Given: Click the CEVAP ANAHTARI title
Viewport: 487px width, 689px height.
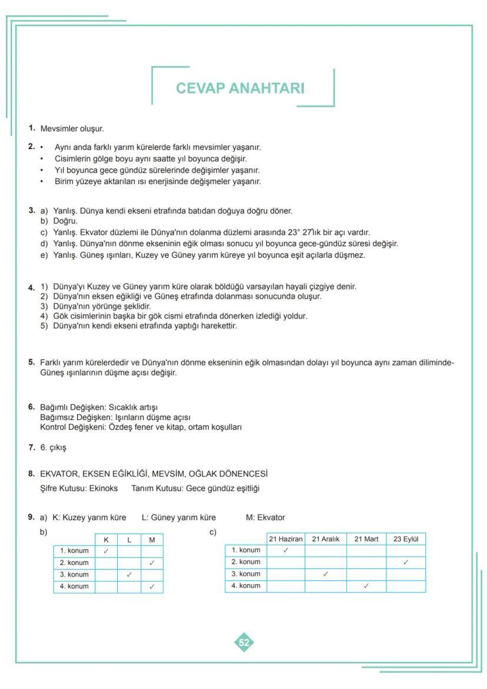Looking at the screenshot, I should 240,88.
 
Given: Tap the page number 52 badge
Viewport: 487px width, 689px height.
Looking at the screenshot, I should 243,643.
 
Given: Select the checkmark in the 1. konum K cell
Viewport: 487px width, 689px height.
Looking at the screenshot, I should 106,551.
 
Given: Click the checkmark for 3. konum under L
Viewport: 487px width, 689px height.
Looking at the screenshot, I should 129,574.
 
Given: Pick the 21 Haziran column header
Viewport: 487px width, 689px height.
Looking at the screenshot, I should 285,539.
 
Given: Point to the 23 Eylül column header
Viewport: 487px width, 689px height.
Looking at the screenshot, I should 405,539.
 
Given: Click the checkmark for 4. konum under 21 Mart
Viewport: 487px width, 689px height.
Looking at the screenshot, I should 366,586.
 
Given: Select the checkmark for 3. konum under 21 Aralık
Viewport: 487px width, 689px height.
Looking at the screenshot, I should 325,574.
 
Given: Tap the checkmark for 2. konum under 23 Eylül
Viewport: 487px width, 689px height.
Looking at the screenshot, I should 405,562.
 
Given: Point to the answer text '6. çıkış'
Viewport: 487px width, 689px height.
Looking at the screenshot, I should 53,448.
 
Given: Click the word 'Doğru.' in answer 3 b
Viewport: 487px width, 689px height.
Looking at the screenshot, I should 65,221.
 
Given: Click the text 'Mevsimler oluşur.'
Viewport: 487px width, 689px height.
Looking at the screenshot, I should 72,128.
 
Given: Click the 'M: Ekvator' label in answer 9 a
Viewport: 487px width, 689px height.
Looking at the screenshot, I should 265,518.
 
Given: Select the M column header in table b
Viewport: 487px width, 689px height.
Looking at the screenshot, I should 152,540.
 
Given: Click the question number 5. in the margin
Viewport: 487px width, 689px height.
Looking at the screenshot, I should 32,362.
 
